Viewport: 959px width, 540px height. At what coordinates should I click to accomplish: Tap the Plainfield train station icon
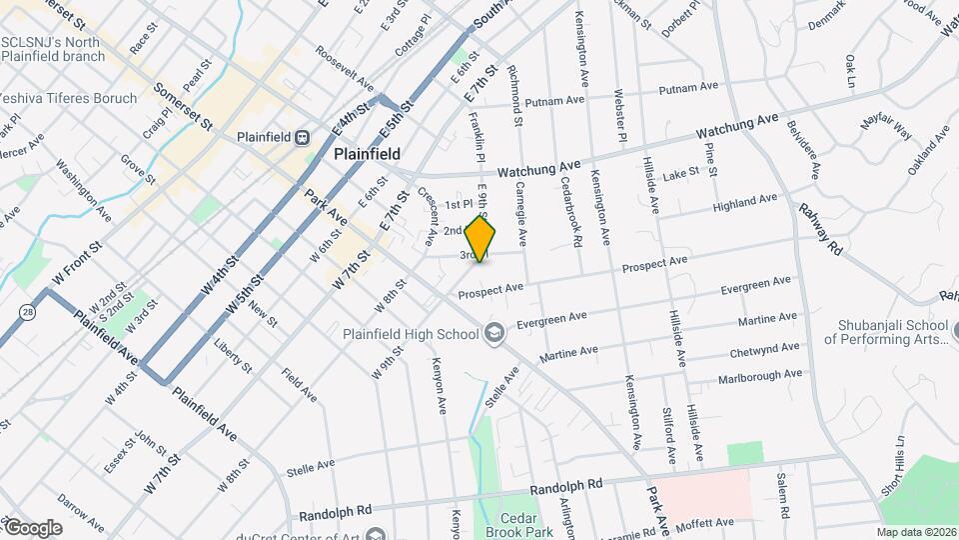pos(299,138)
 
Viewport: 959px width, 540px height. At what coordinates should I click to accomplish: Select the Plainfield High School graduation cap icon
pos(493,334)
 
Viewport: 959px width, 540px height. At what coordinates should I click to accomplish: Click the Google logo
pos(32,528)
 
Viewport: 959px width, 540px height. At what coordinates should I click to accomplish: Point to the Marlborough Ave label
pos(760,376)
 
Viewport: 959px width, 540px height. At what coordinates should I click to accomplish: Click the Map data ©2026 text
pos(916,532)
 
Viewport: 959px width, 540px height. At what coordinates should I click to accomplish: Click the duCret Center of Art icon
pos(376,536)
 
